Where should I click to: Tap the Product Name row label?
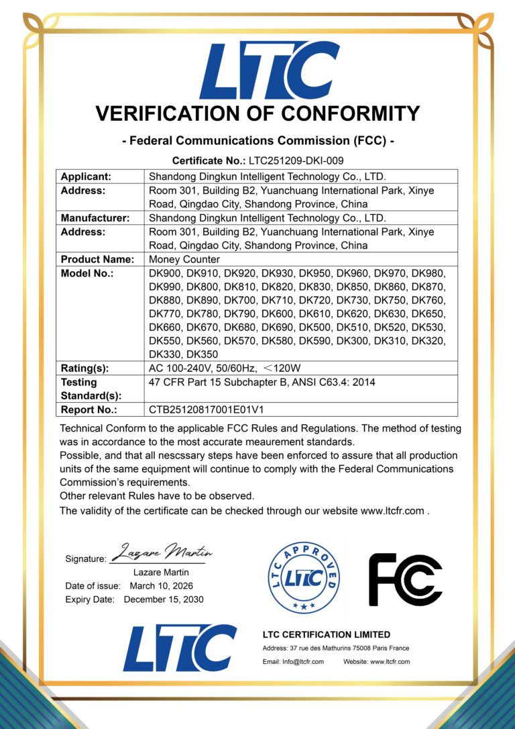[97, 259]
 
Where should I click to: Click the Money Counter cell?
[184, 259]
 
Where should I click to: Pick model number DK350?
[202, 354]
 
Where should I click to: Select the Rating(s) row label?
[84, 368]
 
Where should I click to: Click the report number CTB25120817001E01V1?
[211, 409]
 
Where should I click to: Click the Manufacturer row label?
[95, 217]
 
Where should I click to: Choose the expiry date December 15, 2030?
[164, 599]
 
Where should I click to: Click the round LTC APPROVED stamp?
[304, 577]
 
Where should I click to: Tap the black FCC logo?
[405, 579]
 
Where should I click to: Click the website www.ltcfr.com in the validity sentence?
[392, 511]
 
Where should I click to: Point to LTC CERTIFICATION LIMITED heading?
[326, 634]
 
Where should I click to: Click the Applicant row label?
[86, 177]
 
